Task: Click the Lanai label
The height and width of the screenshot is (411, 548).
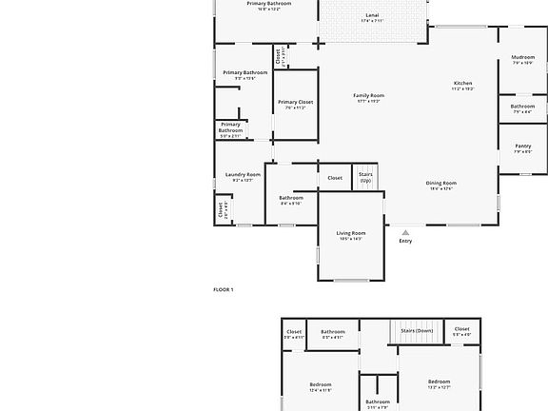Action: tap(371, 16)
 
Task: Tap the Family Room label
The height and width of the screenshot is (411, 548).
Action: tap(368, 95)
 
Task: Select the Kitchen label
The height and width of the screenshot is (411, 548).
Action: tap(462, 84)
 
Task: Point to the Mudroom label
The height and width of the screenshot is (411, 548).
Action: tap(522, 57)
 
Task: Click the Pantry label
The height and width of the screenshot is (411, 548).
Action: tap(522, 146)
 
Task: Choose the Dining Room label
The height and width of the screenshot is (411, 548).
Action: tap(440, 183)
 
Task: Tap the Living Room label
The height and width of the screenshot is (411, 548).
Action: tap(351, 233)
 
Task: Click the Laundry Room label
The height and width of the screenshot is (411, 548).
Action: tap(243, 174)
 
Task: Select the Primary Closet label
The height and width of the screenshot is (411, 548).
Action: tap(295, 102)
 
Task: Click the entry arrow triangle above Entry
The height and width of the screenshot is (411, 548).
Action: tap(405, 231)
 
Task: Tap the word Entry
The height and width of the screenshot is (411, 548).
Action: tap(405, 241)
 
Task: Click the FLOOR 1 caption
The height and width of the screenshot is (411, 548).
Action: tap(223, 289)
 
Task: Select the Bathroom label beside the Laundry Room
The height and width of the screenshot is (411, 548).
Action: tap(291, 198)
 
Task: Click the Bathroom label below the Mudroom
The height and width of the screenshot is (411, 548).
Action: tap(522, 107)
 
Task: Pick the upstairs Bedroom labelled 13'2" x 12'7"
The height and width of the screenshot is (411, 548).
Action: tap(439, 382)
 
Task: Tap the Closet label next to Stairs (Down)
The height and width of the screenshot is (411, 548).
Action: tap(461, 329)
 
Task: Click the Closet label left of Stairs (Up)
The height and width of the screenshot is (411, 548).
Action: tap(335, 177)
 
